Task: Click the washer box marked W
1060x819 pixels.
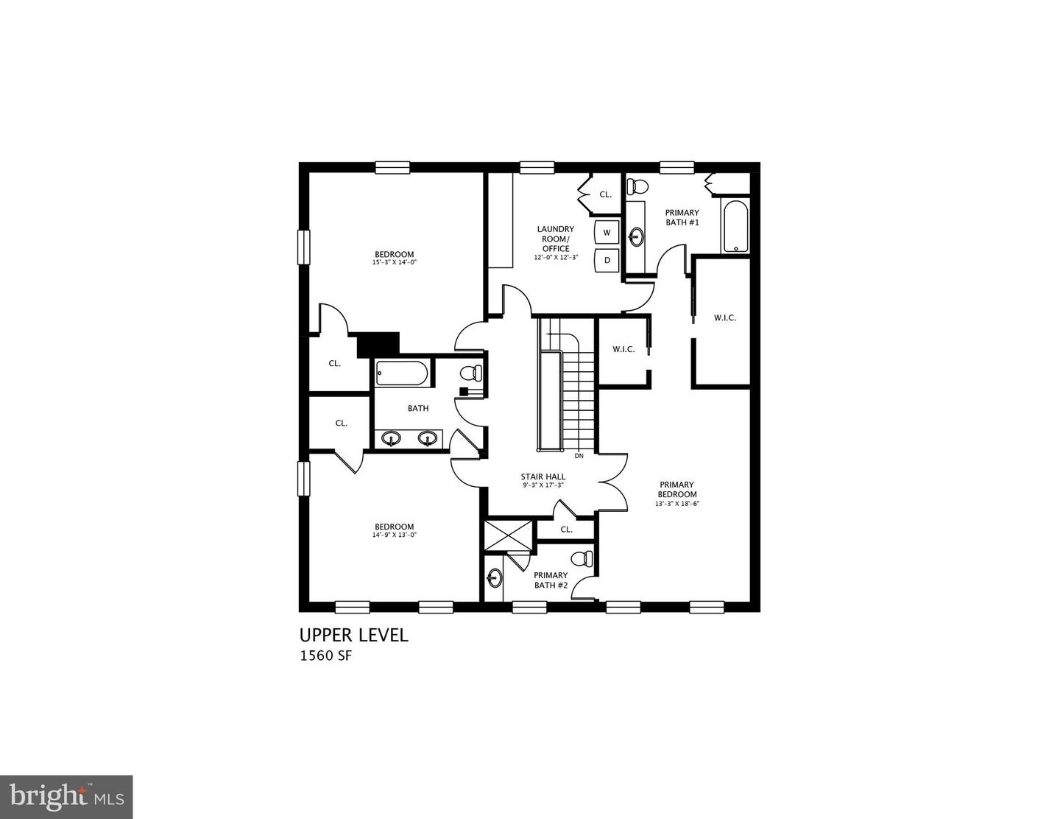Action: tap(607, 233)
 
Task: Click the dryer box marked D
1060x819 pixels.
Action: tap(607, 260)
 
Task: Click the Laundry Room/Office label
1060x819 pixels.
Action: tap(556, 239)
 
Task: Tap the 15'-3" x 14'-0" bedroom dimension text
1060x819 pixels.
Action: tap(395, 262)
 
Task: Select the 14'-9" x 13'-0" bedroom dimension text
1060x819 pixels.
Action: tap(395, 535)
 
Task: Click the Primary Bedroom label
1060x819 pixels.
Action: tap(677, 490)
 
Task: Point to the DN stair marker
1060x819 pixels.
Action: tap(579, 456)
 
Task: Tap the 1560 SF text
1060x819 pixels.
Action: tap(325, 656)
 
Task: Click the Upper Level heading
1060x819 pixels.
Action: tap(353, 635)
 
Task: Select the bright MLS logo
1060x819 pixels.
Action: tap(66, 796)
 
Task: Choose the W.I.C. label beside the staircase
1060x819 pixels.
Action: tap(623, 349)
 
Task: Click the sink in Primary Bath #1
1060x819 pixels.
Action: tap(637, 236)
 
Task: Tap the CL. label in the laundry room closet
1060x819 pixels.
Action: tap(605, 194)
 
